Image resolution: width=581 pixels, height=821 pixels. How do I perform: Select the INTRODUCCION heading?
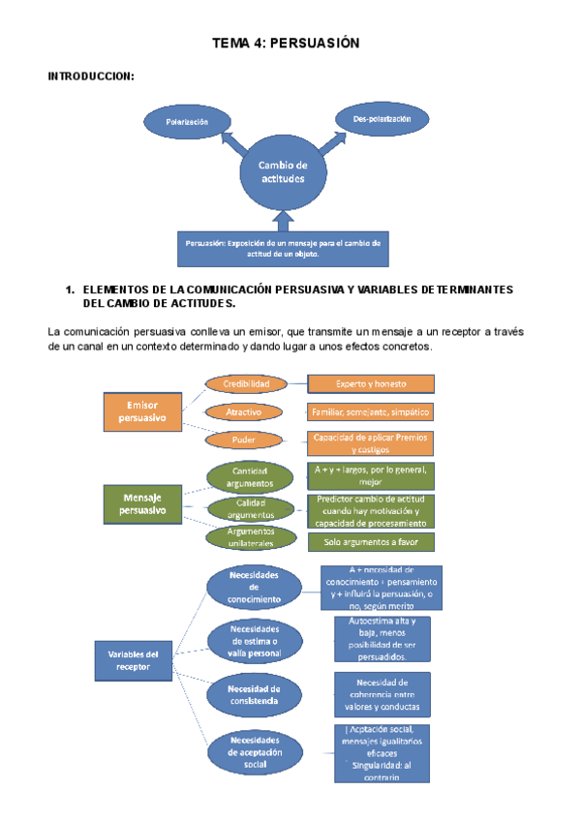(91, 76)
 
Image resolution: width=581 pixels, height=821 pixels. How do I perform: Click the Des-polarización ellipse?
(382, 119)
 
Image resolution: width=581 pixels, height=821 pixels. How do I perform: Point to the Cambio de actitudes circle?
(282, 173)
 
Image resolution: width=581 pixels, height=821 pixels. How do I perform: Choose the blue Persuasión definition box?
(283, 249)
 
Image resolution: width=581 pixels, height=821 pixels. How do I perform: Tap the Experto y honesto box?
(370, 384)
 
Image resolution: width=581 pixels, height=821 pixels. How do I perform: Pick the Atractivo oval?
(243, 412)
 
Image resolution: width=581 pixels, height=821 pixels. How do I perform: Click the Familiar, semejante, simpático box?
(370, 411)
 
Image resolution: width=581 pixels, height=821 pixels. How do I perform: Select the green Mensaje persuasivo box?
(141, 502)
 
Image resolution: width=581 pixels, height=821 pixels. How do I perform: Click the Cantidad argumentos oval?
(250, 476)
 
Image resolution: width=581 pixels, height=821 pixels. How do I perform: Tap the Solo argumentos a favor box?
(370, 542)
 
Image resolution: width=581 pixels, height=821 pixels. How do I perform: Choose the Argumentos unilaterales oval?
(250, 537)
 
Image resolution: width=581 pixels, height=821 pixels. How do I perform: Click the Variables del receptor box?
(133, 660)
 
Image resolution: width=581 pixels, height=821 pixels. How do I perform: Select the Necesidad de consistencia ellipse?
(256, 694)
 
